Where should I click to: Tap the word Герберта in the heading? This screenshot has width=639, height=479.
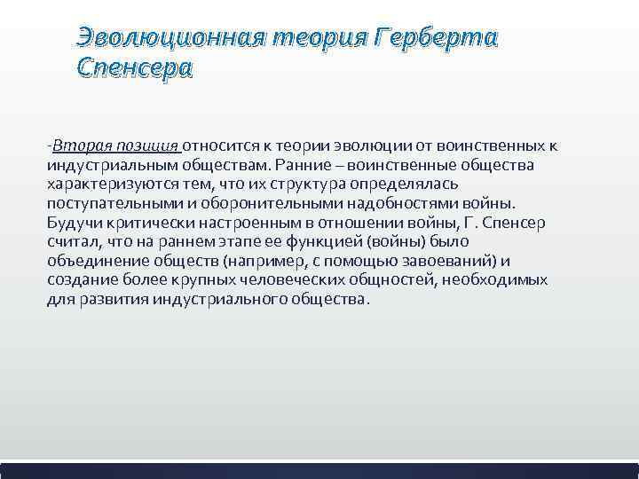coord(436,37)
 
